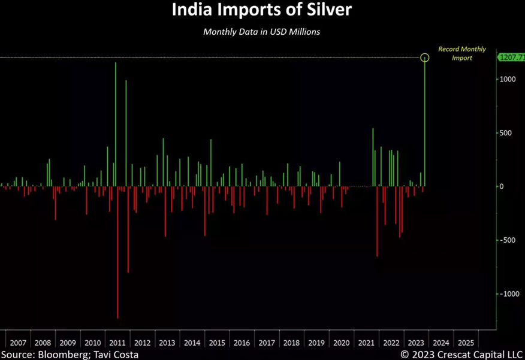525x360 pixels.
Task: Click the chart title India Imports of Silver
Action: coord(262,10)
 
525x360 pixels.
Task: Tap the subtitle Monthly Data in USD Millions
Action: coord(261,32)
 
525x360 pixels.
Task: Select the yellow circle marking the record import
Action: coord(425,58)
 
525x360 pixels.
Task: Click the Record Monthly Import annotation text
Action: coord(462,53)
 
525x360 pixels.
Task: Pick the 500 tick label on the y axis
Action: coord(506,133)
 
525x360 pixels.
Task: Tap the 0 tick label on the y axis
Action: coord(503,186)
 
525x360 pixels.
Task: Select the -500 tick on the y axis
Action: coord(508,240)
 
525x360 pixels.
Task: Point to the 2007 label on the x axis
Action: coord(18,343)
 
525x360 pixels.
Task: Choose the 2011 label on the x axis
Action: coord(117,343)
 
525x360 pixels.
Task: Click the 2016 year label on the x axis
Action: coord(242,343)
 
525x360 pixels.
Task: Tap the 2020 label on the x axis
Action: coord(341,343)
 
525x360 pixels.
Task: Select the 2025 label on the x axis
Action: coord(465,343)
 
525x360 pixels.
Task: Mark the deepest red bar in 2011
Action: coord(117,252)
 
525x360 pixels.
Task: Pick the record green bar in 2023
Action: coord(425,123)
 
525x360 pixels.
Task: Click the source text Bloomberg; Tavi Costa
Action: coord(70,355)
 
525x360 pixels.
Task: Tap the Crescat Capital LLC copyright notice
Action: coord(461,355)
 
